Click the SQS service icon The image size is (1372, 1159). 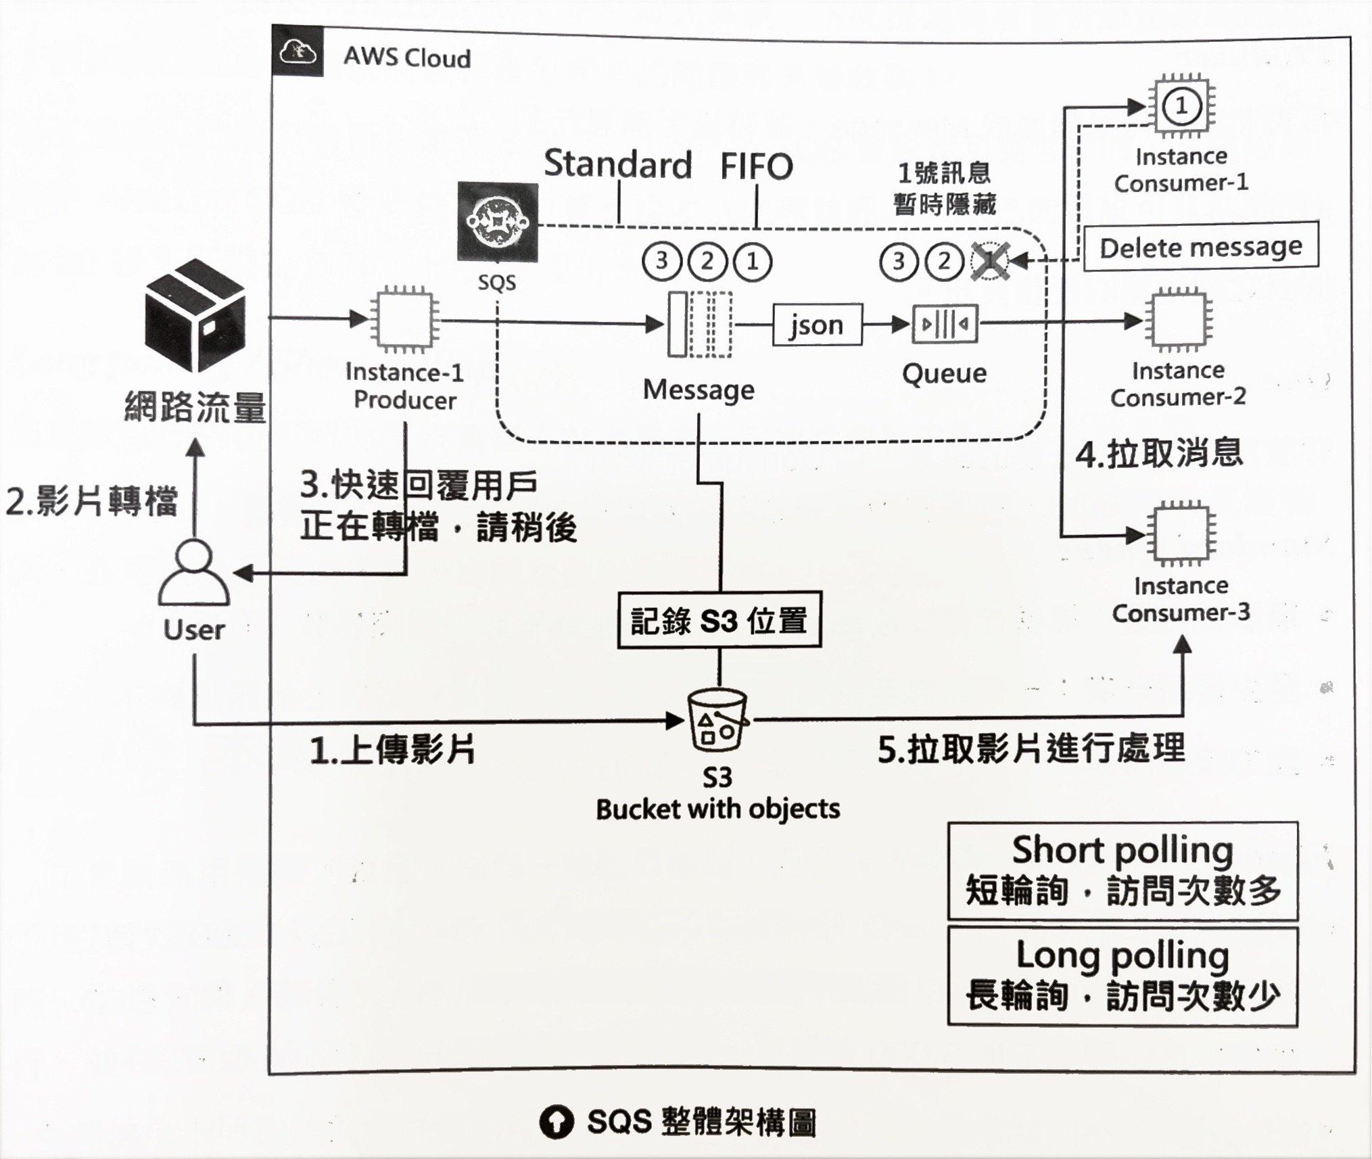tap(498, 222)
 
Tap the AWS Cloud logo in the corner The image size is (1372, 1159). tap(298, 51)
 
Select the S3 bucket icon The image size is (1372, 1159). tap(717, 720)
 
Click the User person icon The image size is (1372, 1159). tap(194, 573)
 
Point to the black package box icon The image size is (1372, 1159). tap(195, 314)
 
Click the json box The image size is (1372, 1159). tap(818, 325)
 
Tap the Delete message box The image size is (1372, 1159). tap(1200, 247)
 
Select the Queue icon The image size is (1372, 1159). tap(945, 325)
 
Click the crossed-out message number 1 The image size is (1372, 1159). tap(990, 261)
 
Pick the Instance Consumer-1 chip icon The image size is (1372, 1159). tap(1181, 106)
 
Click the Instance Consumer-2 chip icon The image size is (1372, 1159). tap(1178, 320)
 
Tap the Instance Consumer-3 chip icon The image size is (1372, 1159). tap(1181, 535)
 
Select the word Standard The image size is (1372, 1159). tap(618, 164)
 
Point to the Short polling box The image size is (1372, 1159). tap(1122, 870)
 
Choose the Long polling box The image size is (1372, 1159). tap(1122, 976)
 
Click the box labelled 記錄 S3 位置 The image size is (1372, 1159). tap(719, 620)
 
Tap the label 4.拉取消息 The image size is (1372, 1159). tap(1159, 453)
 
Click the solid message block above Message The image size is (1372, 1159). tap(678, 324)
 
